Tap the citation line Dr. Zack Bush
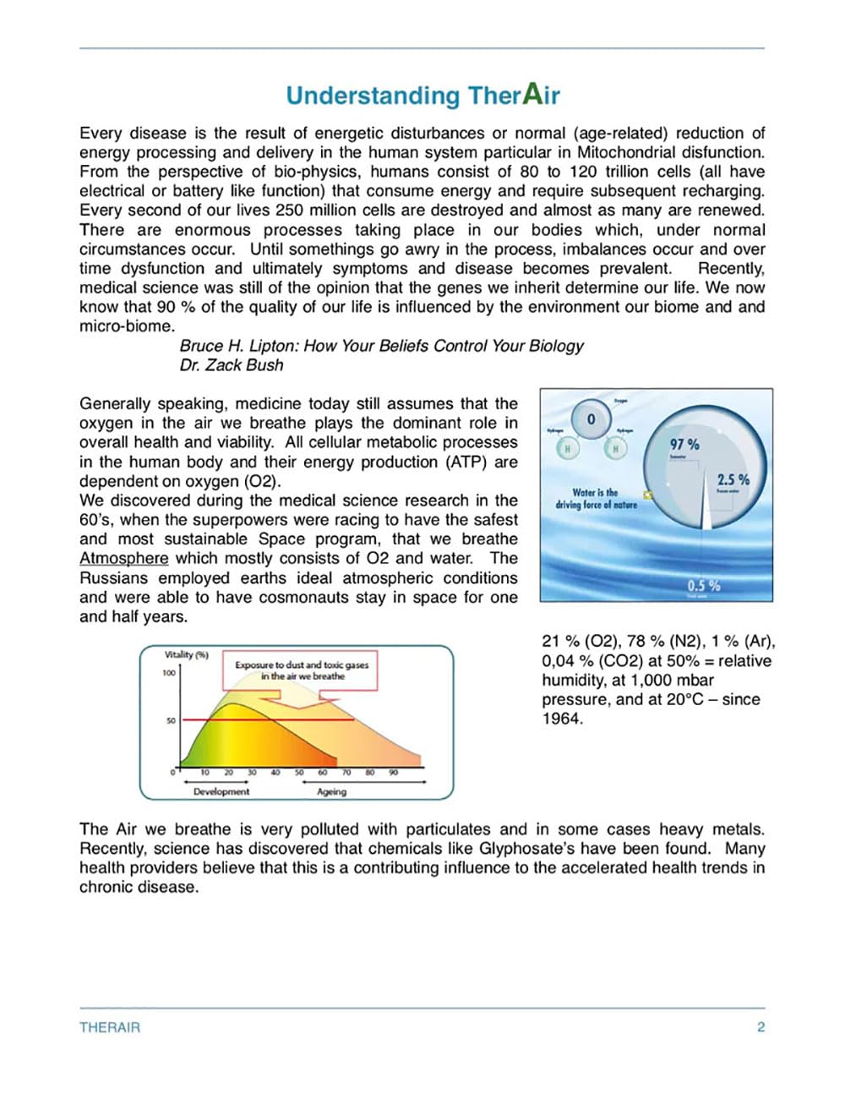(x=231, y=365)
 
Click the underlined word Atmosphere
(x=123, y=559)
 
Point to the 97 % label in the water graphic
(x=684, y=445)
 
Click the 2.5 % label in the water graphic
(x=733, y=479)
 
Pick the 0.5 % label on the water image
(x=703, y=585)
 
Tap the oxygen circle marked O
(x=591, y=419)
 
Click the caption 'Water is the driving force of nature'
(x=596, y=498)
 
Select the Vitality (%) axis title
(x=186, y=654)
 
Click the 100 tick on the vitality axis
(x=169, y=673)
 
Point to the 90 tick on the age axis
(x=393, y=772)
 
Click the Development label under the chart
(x=221, y=791)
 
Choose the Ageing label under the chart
(x=331, y=791)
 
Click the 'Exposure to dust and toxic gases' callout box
(x=302, y=670)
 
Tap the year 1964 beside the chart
(x=561, y=719)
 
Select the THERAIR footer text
(x=110, y=1027)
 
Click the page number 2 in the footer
(x=760, y=1027)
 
